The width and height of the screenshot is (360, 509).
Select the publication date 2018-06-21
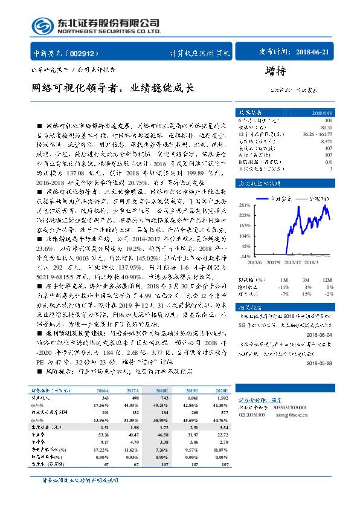[314, 53]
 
